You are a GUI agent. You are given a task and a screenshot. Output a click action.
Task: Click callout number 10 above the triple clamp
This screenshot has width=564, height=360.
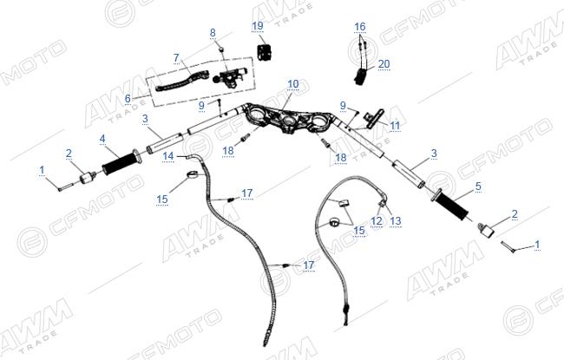pyautogui.click(x=293, y=84)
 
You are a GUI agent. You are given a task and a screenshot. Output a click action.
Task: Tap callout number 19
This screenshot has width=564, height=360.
pyautogui.click(x=258, y=26)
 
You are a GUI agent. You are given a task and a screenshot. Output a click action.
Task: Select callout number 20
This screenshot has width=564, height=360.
pyautogui.click(x=384, y=63)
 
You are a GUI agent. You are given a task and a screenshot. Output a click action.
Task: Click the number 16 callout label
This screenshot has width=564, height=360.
pyautogui.click(x=360, y=27)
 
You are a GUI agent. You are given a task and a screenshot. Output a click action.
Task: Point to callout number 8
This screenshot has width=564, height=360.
pyautogui.click(x=213, y=32)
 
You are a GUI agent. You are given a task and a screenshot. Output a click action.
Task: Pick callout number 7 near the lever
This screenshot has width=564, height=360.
pyautogui.click(x=176, y=58)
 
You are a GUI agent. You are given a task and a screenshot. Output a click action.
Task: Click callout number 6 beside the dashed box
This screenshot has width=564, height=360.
pyautogui.click(x=128, y=98)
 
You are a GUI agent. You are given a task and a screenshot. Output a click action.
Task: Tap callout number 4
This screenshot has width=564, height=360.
pyautogui.click(x=102, y=139)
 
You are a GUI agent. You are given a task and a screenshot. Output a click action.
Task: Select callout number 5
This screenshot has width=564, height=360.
pyautogui.click(x=478, y=187)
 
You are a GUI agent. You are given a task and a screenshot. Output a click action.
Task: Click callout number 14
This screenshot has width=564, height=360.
pyautogui.click(x=168, y=156)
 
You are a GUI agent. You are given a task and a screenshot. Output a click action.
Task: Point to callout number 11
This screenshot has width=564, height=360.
pyautogui.click(x=395, y=125)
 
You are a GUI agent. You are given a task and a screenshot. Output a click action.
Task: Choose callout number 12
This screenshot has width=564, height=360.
pyautogui.click(x=377, y=220)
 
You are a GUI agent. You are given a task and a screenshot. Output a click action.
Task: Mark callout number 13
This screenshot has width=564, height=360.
pyautogui.click(x=396, y=220)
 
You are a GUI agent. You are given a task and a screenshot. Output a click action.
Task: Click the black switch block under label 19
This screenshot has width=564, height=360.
pyautogui.click(x=265, y=50)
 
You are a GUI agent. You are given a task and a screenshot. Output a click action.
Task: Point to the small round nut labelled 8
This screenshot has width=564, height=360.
pyautogui.click(x=222, y=49)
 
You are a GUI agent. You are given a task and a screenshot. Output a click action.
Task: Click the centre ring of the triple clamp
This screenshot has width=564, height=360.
pyautogui.click(x=289, y=122)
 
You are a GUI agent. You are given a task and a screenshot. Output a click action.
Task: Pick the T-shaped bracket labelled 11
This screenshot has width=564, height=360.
pyautogui.click(x=373, y=117)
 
